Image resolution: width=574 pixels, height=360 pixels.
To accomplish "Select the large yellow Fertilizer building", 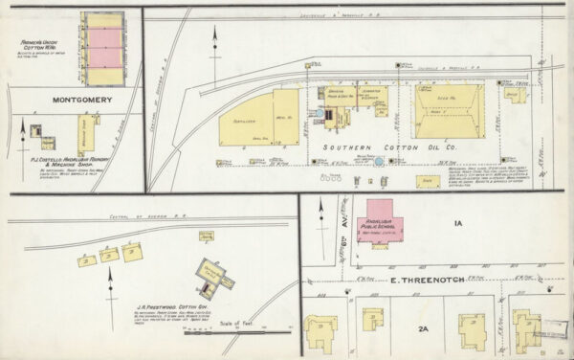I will pos(247,120).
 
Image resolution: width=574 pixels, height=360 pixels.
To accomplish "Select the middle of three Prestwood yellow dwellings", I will pos(108,255).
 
